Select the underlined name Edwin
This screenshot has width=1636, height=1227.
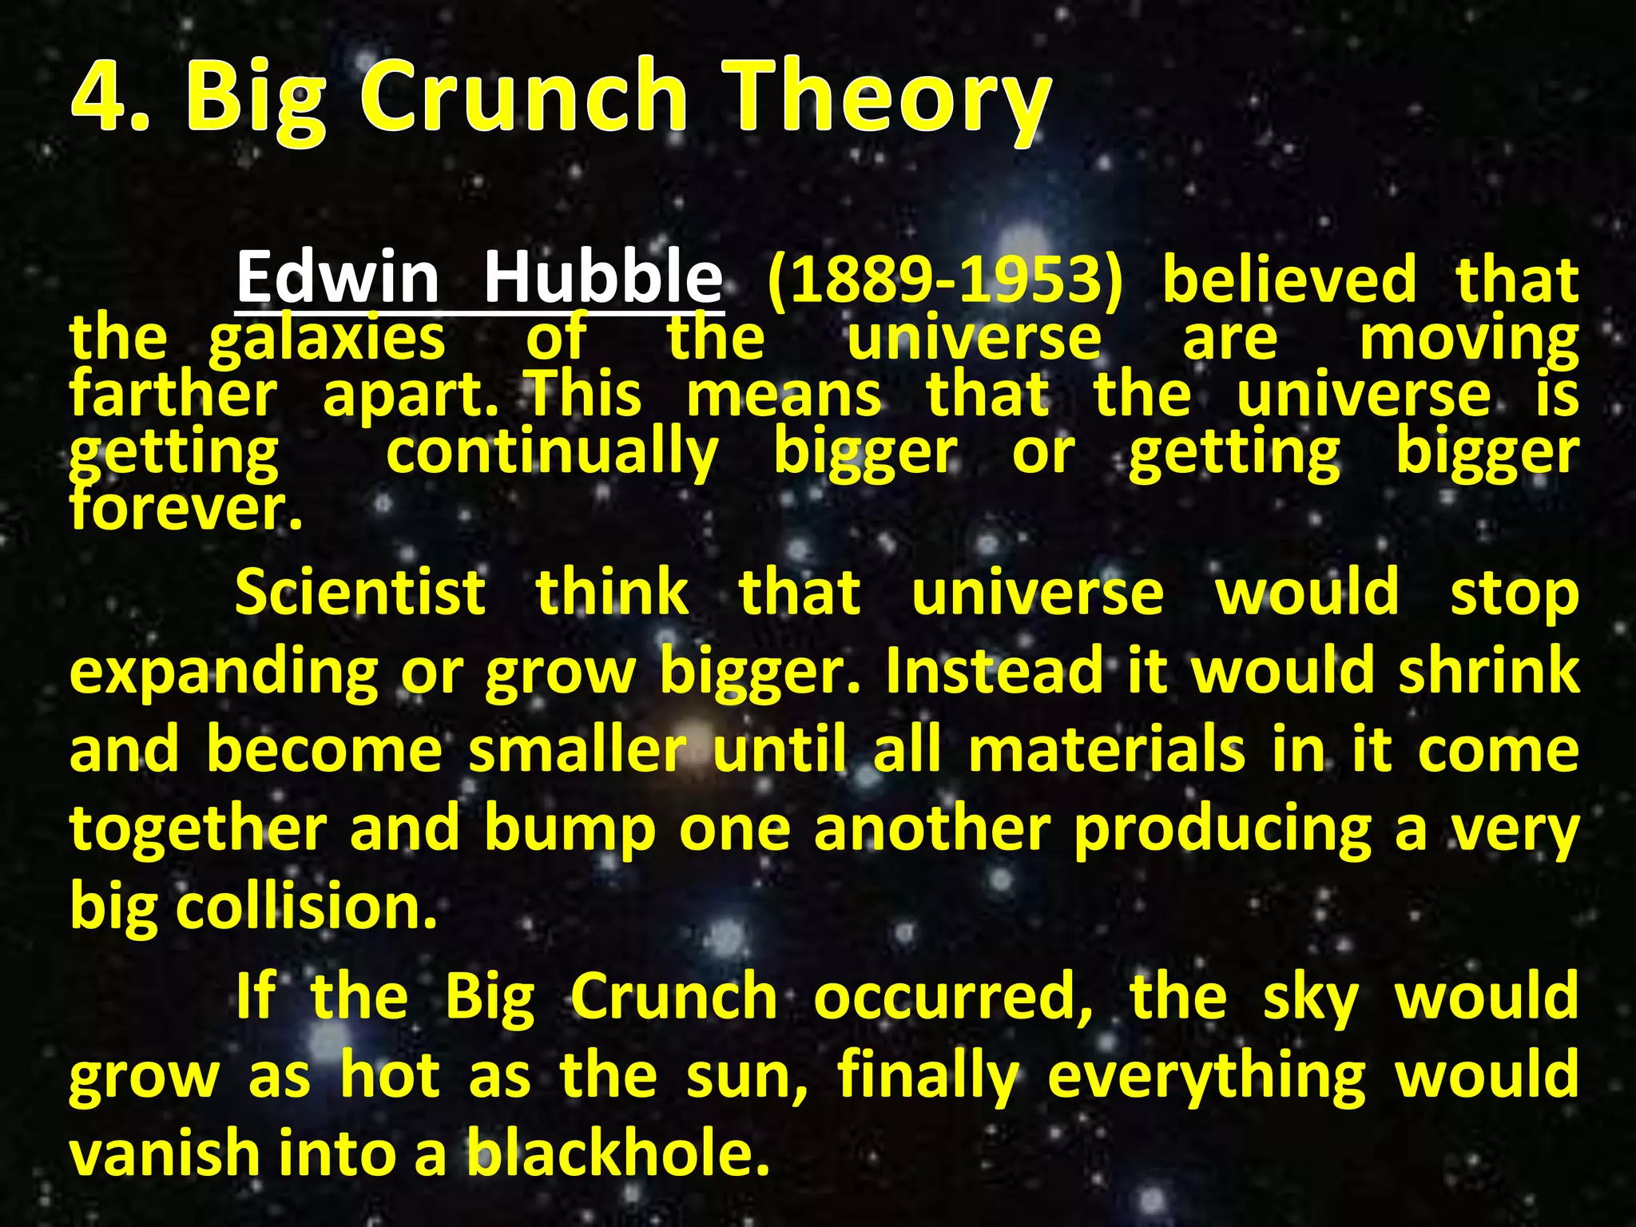pos(337,276)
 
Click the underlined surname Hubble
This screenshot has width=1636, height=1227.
pos(603,276)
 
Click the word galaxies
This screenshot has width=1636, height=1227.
pos(327,340)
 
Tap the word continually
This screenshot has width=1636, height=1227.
pos(552,454)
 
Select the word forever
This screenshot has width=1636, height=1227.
pos(185,509)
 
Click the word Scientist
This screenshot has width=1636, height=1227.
pos(360,593)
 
